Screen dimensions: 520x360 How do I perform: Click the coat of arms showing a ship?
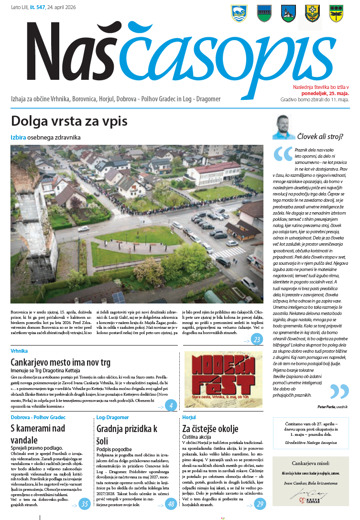pyautogui.click(x=238, y=13)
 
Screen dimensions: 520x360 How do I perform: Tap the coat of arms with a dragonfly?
pyautogui.click(x=336, y=13)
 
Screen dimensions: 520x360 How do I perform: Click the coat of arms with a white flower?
pyautogui.click(x=312, y=13)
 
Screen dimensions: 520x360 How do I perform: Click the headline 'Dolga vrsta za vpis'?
pyautogui.click(x=69, y=121)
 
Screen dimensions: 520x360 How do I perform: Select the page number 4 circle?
pyautogui.click(x=171, y=406)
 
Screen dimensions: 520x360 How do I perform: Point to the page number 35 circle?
pyautogui.click(x=85, y=504)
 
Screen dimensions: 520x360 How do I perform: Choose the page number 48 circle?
pyautogui.click(x=171, y=504)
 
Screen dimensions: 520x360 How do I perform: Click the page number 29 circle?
pyautogui.click(x=260, y=504)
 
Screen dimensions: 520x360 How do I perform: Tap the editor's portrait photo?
pyautogui.click(x=284, y=127)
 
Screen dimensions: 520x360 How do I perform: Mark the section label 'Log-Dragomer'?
pyautogui.click(x=112, y=417)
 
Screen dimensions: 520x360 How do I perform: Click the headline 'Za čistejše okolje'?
pyautogui.click(x=210, y=429)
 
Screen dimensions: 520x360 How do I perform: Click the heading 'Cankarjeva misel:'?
pyautogui.click(x=311, y=463)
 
